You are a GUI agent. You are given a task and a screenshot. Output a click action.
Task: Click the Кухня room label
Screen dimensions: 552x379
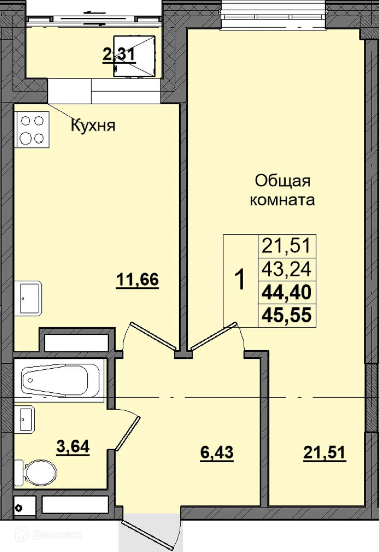pos(93,125)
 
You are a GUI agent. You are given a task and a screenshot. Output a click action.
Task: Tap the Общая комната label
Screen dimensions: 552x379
pos(282,190)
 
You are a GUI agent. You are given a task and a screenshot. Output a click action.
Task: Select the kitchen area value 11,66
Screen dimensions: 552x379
pos(137,279)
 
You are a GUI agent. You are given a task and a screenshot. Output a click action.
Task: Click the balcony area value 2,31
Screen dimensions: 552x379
pos(119,54)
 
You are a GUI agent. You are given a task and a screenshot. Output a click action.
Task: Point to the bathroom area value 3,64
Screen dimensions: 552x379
pos(73,446)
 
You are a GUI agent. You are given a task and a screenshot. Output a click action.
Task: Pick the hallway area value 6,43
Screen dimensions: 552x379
pos(217,452)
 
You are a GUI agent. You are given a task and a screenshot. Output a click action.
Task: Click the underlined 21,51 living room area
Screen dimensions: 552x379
pos(324,452)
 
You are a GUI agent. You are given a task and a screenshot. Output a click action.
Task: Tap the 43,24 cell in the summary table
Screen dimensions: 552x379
pos(287,269)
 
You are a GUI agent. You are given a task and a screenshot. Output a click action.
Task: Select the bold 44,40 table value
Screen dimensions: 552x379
pos(287,292)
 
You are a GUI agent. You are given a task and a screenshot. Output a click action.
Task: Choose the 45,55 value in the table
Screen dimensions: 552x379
pos(287,315)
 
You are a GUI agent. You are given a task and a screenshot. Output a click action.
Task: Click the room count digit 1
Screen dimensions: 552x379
pos(240,280)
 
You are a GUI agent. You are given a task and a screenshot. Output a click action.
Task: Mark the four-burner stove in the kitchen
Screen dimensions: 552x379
pos(32,129)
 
